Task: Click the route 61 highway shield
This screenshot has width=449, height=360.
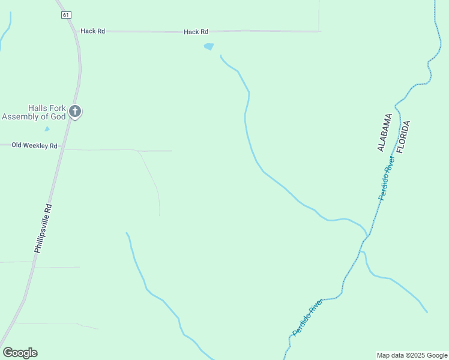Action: click(x=66, y=15)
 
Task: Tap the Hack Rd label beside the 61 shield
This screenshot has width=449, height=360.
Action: click(x=93, y=31)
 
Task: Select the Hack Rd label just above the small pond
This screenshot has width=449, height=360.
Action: click(x=196, y=31)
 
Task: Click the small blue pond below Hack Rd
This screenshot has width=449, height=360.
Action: click(x=209, y=46)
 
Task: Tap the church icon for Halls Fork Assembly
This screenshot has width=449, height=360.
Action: click(x=75, y=111)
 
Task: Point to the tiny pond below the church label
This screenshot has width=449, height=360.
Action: click(x=47, y=128)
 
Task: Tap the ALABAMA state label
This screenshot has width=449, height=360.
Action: click(x=385, y=132)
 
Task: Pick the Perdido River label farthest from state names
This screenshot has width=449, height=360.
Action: click(x=307, y=316)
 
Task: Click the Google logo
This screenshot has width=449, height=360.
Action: click(x=20, y=353)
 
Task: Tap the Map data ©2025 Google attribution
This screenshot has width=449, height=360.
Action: click(x=412, y=355)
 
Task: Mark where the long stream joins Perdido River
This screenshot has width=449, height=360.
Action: click(x=367, y=235)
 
